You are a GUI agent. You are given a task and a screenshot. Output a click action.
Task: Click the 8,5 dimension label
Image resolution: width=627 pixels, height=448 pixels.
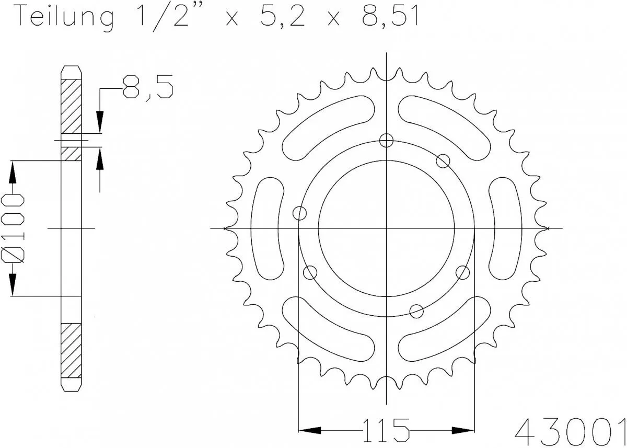[148, 87]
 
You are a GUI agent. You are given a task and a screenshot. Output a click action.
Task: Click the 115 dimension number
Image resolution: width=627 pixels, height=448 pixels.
[386, 430]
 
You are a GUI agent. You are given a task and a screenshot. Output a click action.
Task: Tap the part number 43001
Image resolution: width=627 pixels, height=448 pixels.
[571, 430]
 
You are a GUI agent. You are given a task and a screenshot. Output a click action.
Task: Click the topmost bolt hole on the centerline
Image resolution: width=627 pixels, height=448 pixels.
[386, 140]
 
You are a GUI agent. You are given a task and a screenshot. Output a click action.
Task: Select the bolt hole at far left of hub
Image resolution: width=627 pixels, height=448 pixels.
[300, 213]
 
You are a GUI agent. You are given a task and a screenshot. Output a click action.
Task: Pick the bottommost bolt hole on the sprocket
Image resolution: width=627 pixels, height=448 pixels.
[416, 311]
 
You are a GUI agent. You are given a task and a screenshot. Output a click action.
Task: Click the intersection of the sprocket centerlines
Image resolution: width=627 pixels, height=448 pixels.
[386, 228]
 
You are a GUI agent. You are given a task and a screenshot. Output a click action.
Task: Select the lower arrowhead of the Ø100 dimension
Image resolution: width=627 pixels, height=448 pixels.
[13, 286]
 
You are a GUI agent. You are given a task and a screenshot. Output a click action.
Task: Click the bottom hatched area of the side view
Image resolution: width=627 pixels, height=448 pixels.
[71, 351]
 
